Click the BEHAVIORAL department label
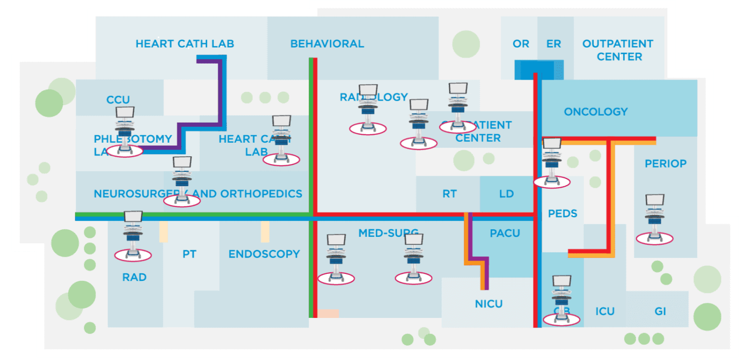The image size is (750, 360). click(327, 44)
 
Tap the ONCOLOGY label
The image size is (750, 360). click(595, 112)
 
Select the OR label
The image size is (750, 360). click(521, 44)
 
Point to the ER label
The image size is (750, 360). click(553, 44)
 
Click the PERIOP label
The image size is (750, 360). click(665, 164)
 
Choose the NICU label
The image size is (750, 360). click(489, 304)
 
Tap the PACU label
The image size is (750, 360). click(505, 233)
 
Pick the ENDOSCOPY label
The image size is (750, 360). click(264, 254)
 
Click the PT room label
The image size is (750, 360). click(189, 254)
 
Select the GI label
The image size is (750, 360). click(660, 311)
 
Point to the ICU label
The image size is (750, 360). click(605, 311)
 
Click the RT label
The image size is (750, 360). click(449, 194)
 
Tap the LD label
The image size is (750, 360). click(506, 194)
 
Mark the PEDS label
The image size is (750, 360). click(562, 214)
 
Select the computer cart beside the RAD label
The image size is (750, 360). click(133, 235)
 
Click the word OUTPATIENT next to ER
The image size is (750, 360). click(617, 44)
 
